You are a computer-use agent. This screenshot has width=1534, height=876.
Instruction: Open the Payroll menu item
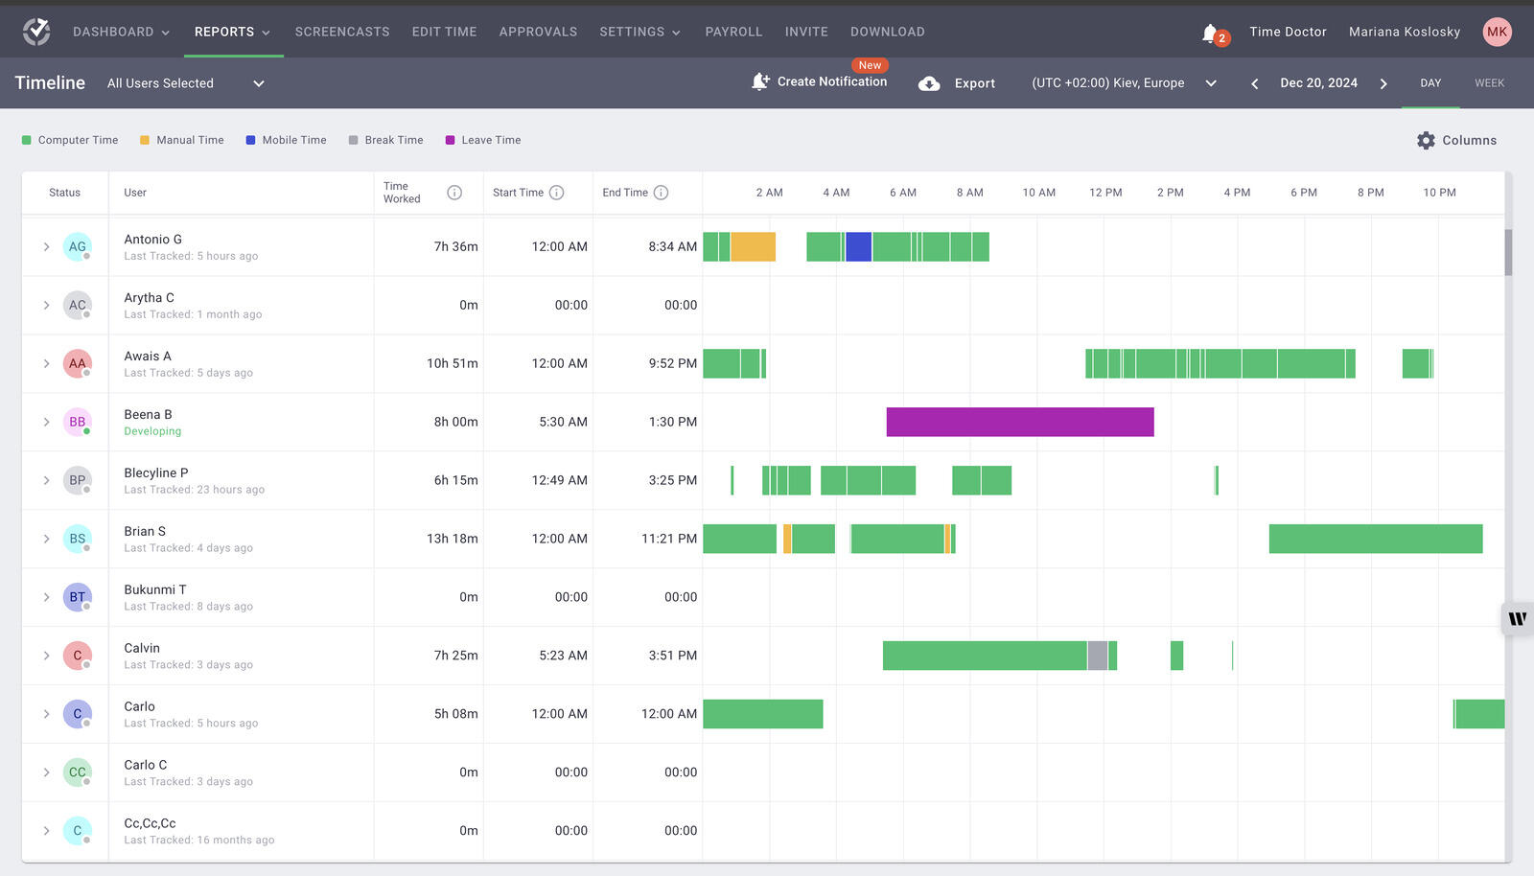(733, 32)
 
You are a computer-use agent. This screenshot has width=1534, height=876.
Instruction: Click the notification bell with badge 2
(1211, 33)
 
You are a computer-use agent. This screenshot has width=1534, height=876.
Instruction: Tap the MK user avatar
(1497, 32)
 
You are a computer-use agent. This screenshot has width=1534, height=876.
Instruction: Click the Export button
(957, 83)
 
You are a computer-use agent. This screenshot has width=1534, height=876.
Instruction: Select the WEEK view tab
(1488, 83)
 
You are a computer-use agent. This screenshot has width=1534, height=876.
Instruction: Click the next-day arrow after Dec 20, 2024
(1383, 83)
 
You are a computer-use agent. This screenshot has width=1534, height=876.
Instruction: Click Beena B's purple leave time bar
(1019, 422)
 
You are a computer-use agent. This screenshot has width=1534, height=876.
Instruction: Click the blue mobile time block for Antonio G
(858, 246)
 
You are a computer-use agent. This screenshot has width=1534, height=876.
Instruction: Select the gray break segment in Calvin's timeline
(1097, 656)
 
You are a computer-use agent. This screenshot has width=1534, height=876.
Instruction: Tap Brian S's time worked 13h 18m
(452, 539)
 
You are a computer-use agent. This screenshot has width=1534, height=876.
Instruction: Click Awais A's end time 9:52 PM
(672, 363)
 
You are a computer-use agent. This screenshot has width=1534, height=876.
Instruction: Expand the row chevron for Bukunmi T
(46, 597)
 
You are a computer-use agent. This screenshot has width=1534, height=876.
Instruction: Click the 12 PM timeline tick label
(1104, 193)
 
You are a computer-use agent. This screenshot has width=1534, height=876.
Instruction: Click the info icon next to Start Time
(556, 193)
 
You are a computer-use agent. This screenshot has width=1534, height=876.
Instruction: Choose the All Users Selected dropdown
(185, 83)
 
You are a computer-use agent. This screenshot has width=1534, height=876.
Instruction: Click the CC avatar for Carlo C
(77, 772)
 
